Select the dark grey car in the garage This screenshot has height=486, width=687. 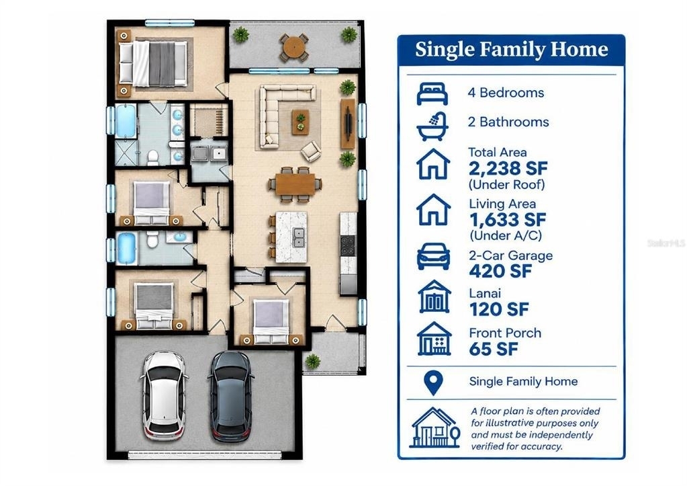click(x=230, y=396)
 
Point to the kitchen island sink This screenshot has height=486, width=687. click(x=299, y=237)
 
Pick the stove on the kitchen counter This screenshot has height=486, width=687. click(x=349, y=245)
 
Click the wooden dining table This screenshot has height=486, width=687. click(x=295, y=184)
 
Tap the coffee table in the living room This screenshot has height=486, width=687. click(x=301, y=122)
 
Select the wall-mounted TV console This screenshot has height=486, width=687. click(x=348, y=124)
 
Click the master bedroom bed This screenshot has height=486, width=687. click(x=153, y=63)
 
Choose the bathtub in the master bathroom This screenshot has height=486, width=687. click(x=126, y=120)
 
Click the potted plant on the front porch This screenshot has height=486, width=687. click(x=312, y=362)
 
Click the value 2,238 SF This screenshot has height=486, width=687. click(x=508, y=168)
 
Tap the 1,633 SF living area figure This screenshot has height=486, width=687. click(x=508, y=219)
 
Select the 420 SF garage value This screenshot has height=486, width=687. click(x=500, y=271)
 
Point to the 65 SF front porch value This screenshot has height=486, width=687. click(x=494, y=349)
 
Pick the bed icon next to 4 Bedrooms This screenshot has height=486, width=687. click(x=432, y=93)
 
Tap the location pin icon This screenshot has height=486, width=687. click(x=434, y=382)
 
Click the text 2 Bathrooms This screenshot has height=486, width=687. click(x=508, y=122)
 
